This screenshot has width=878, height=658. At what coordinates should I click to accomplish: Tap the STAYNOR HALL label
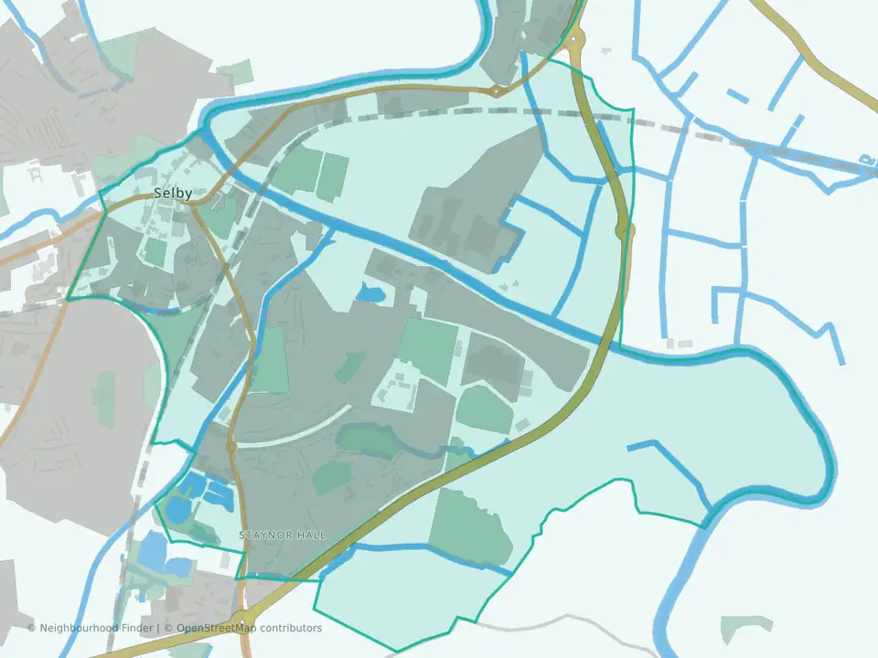pos(282,535)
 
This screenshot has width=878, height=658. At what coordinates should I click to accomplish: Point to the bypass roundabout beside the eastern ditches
pos(625,230)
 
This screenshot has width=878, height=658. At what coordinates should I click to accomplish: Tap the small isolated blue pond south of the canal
pos(369,293)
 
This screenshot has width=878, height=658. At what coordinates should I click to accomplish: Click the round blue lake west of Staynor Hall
pos(177,509)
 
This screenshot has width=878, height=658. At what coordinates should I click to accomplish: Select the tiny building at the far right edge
pos(866,161)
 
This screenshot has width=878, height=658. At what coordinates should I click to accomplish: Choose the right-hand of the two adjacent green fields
pos(333,176)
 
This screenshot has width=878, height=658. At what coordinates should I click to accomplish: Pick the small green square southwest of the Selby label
pos(155,252)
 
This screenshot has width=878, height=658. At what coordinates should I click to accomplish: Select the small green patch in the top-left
pos(236,72)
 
